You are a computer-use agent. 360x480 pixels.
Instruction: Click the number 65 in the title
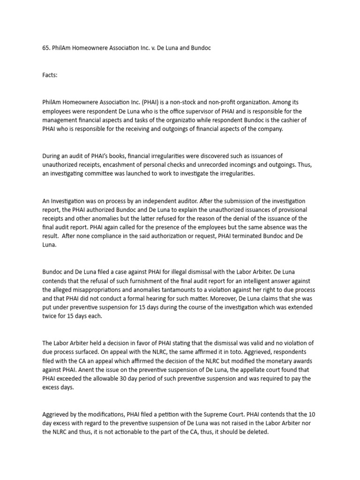coord(45,48)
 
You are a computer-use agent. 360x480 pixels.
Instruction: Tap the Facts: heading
coord(50,75)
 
